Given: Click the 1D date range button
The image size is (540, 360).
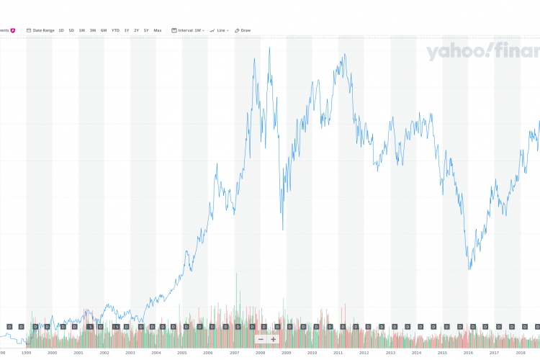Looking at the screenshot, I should click(x=61, y=30).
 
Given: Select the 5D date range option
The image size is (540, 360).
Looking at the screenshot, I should click(x=71, y=30).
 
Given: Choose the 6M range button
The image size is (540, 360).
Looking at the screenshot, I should click(x=104, y=30).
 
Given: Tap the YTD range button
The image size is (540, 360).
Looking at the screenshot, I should click(x=115, y=30).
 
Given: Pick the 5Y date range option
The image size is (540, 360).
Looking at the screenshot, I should click(x=146, y=30).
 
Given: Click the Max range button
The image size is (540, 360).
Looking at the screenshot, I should click(x=158, y=30).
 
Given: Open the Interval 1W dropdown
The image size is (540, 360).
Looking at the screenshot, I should click(x=190, y=30).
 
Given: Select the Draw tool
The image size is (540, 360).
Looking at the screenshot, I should click(x=243, y=30).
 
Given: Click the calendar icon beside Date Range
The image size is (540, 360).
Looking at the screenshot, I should click(x=29, y=30).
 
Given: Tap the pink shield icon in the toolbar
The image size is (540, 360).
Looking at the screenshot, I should click(x=13, y=30).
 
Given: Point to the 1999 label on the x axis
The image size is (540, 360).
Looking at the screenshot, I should click(x=26, y=354).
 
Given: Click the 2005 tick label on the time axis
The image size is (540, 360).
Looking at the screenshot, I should click(x=182, y=354).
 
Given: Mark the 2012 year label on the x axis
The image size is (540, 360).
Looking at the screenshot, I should click(x=364, y=354).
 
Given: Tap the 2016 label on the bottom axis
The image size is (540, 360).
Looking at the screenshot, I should click(x=468, y=354).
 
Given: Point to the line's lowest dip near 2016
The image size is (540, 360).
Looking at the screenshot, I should click(x=469, y=269).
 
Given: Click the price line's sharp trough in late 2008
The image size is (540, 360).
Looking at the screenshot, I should click(x=282, y=230).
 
